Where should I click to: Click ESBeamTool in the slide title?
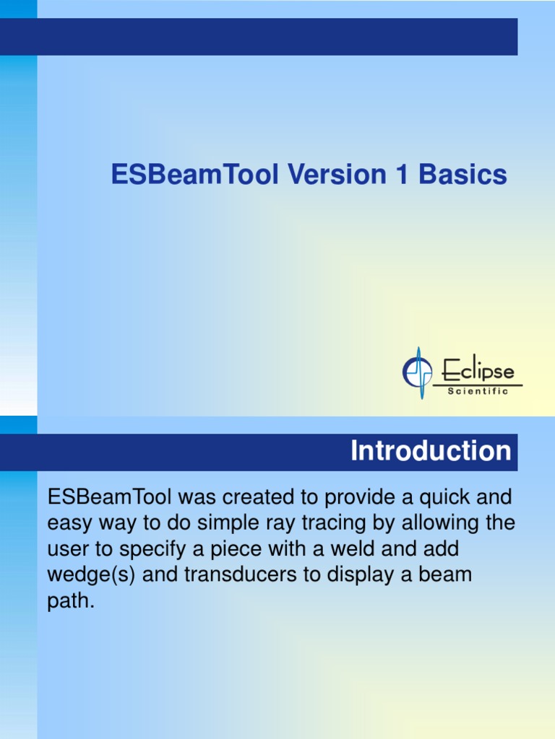click(x=194, y=175)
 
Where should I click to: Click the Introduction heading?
click(x=431, y=451)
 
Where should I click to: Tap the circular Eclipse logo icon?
click(x=417, y=372)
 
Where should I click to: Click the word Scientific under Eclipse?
click(x=478, y=391)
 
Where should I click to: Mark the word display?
click(x=343, y=576)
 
